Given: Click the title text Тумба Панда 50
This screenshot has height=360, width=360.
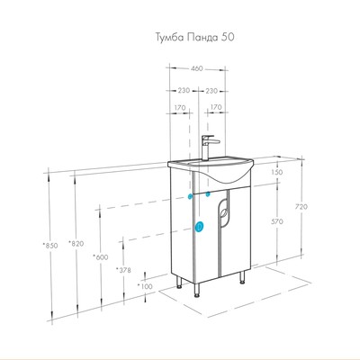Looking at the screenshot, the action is click(x=194, y=38).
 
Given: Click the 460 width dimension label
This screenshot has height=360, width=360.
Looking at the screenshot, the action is click(x=197, y=68).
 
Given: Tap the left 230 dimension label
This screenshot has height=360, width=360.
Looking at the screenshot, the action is click(x=184, y=90).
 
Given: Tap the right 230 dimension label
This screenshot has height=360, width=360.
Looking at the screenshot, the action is click(x=211, y=90).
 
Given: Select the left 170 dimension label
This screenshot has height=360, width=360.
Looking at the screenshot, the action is click(x=180, y=108).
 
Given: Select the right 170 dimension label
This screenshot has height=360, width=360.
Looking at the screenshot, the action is click(x=216, y=107).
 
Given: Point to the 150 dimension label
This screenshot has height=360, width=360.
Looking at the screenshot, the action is click(x=276, y=172).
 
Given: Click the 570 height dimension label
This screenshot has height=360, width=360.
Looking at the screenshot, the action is click(x=277, y=221).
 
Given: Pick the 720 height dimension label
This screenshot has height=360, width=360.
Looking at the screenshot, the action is click(x=301, y=207).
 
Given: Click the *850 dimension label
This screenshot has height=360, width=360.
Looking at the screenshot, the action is click(x=50, y=246).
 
